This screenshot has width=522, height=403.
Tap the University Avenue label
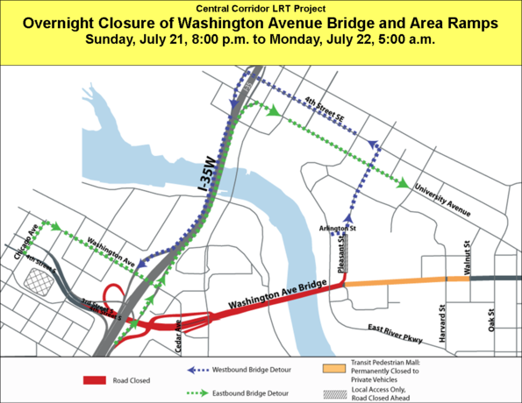point(443,201)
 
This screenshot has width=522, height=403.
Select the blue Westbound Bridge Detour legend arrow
point(204,370)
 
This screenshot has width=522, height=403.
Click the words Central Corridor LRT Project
point(261,9)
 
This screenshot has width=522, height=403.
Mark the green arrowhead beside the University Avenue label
point(402,184)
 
